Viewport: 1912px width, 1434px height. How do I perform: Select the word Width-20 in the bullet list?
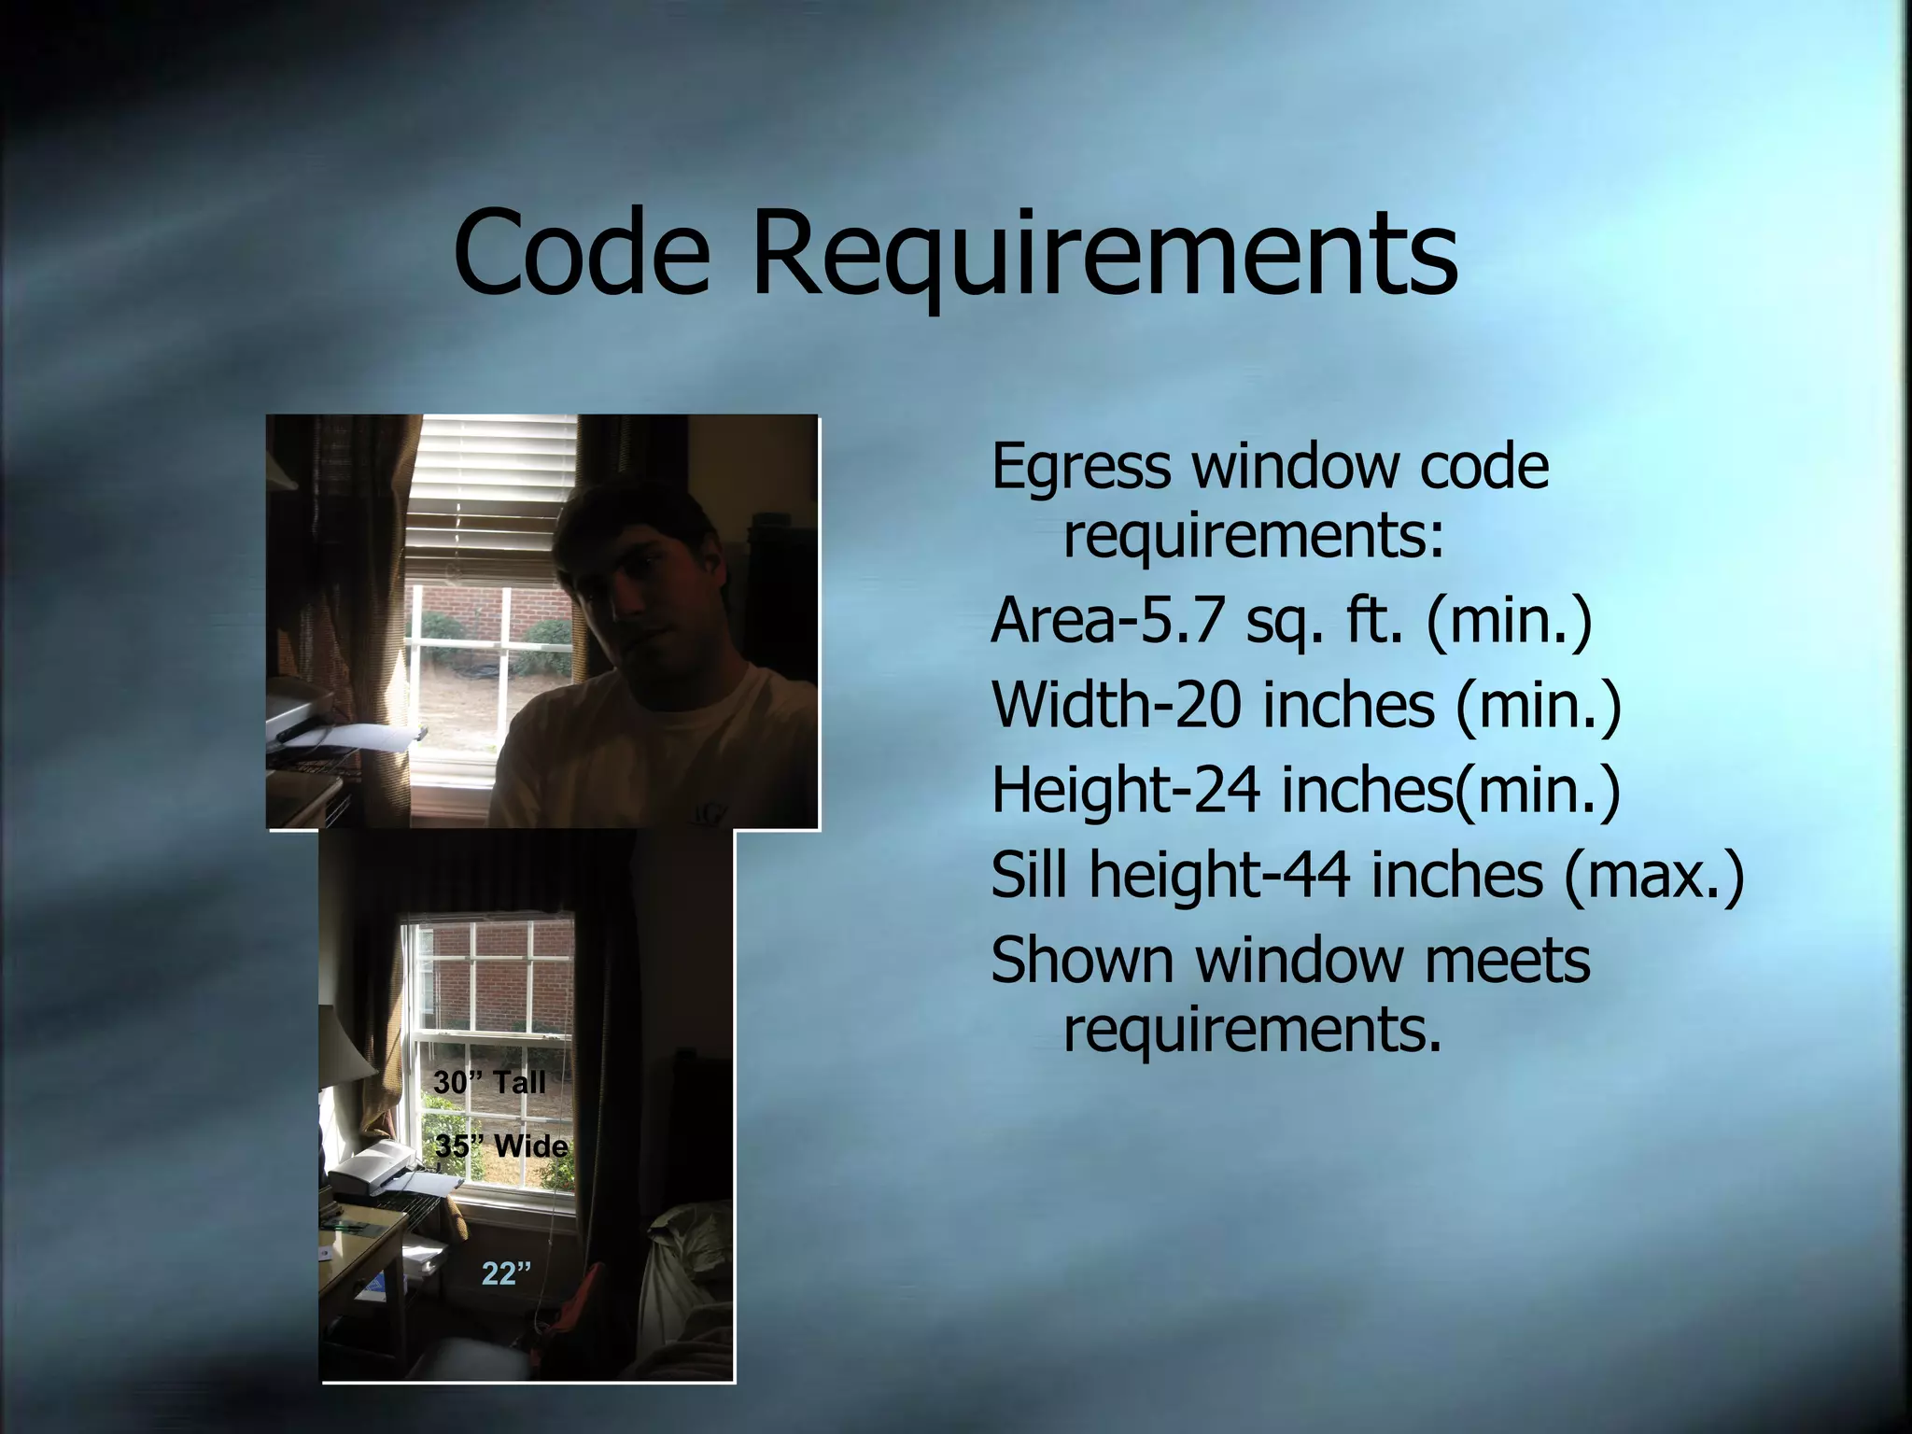(x=1116, y=705)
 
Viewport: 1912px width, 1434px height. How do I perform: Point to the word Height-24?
(x=1125, y=790)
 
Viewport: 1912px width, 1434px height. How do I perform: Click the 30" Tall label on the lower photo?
(x=489, y=1083)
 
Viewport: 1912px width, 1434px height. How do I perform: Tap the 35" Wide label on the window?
(x=501, y=1146)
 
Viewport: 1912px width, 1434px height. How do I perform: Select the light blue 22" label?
(x=506, y=1273)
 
